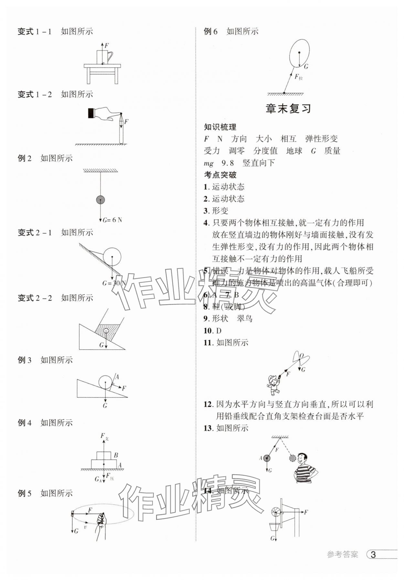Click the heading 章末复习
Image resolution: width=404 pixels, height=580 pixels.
[x=288, y=109]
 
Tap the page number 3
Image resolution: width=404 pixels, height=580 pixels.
[x=373, y=555]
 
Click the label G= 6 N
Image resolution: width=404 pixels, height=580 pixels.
[x=112, y=220]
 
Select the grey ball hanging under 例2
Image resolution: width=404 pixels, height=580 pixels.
[x=101, y=200]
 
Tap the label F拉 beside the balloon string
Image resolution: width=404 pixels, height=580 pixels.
[x=298, y=77]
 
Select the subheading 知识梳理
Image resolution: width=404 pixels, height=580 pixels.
[x=220, y=127]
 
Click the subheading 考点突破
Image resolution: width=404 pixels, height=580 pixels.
[x=220, y=175]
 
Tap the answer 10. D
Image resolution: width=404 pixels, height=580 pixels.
[x=212, y=331]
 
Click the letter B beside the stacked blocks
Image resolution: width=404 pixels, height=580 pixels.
[x=116, y=455]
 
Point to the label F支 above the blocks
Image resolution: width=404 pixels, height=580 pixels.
[x=104, y=436]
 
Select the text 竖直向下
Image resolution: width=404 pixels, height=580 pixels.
[x=259, y=163]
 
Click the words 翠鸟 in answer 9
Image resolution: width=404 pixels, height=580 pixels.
[x=245, y=319]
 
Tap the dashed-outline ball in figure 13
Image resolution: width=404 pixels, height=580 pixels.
[x=292, y=458]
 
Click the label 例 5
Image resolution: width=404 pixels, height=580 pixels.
[x=25, y=493]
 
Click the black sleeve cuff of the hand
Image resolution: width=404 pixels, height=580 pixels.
[x=91, y=113]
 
